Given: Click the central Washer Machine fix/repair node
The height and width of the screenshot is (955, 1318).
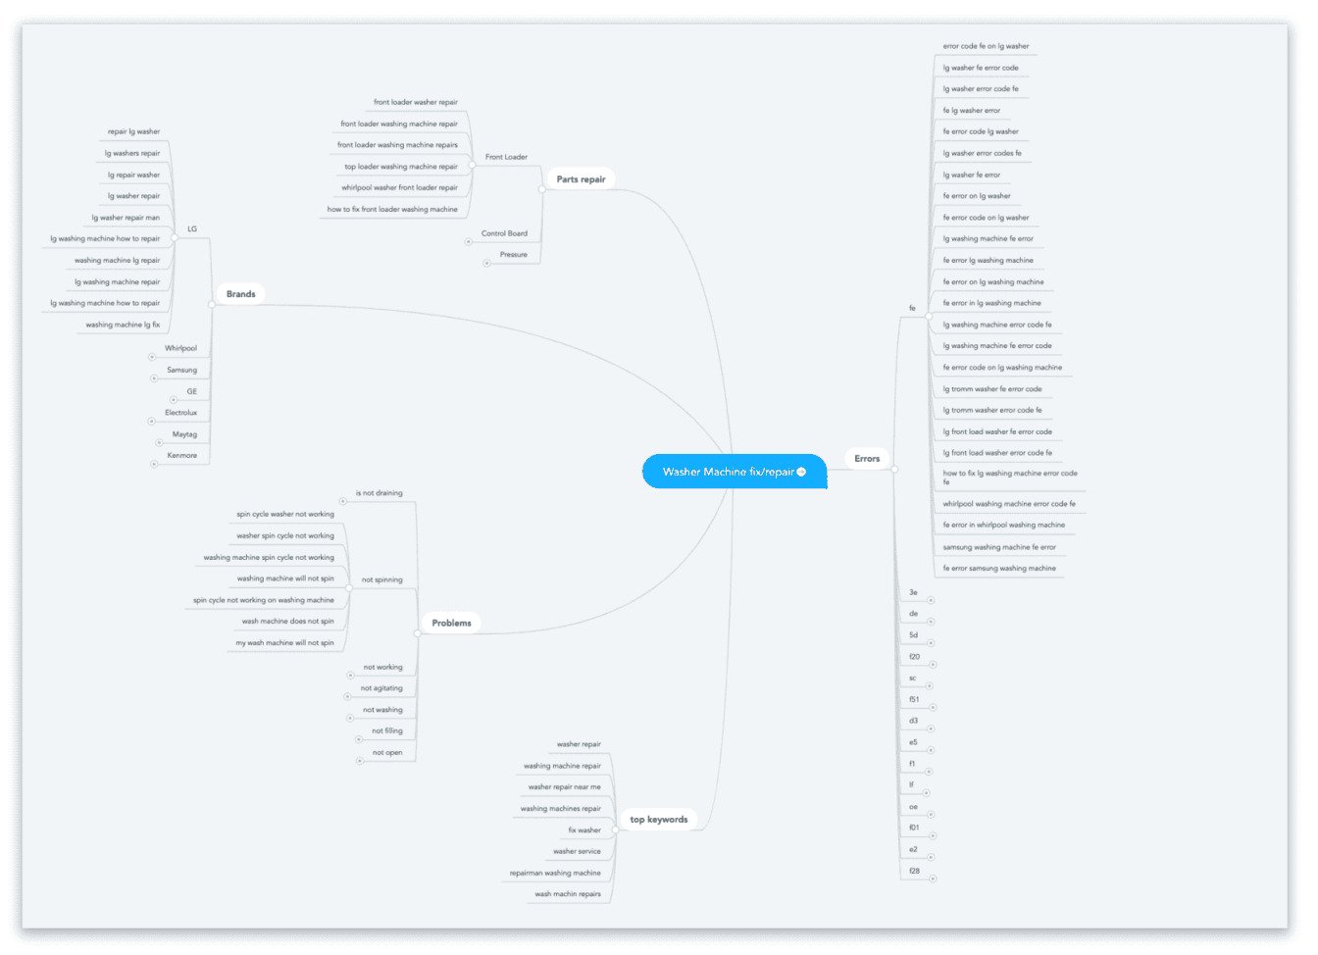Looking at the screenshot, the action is [x=735, y=472].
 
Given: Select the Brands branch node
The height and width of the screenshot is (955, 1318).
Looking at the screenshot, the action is [x=240, y=294].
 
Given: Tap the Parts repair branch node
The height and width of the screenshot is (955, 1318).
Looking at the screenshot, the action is [x=581, y=179].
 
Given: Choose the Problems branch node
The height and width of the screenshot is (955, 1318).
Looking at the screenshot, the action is [x=451, y=624].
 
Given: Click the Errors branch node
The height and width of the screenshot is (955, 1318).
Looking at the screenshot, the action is [x=867, y=458].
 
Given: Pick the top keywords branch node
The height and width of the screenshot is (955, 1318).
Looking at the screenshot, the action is [x=658, y=820].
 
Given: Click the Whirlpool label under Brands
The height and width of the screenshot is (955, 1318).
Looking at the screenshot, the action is [x=180, y=348].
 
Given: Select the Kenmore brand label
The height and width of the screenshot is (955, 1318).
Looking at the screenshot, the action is [x=181, y=455].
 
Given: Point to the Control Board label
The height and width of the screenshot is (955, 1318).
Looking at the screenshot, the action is [x=504, y=233].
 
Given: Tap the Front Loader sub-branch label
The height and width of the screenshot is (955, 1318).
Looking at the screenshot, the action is [x=506, y=157].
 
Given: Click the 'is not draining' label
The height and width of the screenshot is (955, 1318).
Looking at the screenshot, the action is [x=379, y=493].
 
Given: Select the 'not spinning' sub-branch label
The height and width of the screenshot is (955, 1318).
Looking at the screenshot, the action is [x=381, y=579].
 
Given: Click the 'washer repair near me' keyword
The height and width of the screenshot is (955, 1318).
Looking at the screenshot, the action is [x=564, y=787].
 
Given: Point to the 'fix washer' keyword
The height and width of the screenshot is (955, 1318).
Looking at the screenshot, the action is [x=584, y=830].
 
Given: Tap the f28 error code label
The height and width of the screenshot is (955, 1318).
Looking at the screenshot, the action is [x=914, y=871].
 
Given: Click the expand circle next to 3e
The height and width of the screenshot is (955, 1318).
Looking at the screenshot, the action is [x=931, y=601].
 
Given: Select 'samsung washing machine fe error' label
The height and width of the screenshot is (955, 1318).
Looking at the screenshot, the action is [x=999, y=547].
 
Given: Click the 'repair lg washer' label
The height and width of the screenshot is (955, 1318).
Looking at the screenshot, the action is [x=133, y=131].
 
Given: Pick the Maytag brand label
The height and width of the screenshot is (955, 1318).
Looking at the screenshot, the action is [x=184, y=434].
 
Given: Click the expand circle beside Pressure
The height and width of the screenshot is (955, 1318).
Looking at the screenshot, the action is [x=486, y=264].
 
